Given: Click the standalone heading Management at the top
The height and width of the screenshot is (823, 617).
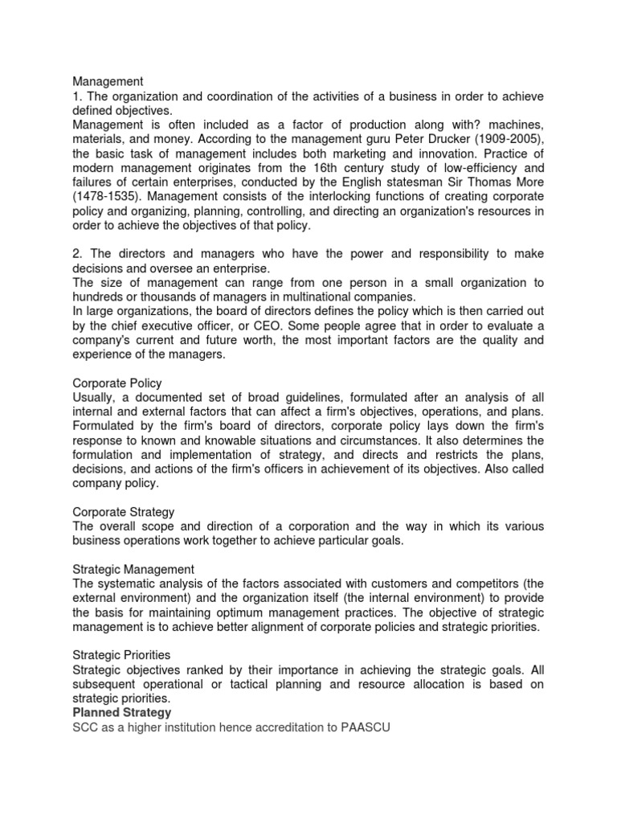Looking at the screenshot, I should pyautogui.click(x=108, y=81).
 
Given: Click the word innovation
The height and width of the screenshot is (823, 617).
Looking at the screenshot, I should pyautogui.click(x=438, y=154).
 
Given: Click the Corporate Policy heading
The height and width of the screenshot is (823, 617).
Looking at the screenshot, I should pyautogui.click(x=117, y=384).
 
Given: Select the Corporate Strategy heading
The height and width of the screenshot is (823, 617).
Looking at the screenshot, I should pyautogui.click(x=124, y=512).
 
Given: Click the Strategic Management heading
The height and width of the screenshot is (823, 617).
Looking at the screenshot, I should pyautogui.click(x=133, y=570).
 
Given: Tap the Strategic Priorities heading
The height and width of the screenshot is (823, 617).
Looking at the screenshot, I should pyautogui.click(x=121, y=656).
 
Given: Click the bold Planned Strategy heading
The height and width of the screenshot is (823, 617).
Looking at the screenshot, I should pyautogui.click(x=122, y=713).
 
